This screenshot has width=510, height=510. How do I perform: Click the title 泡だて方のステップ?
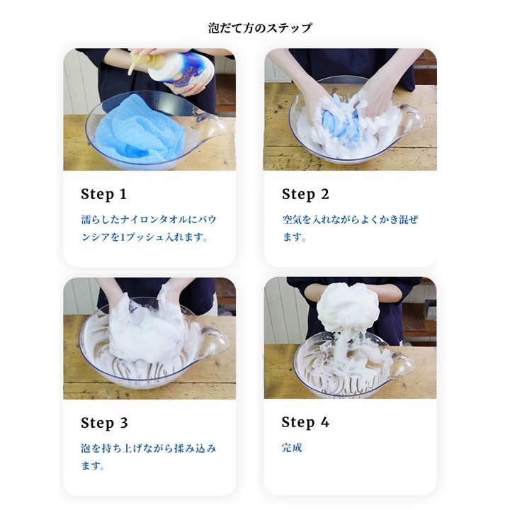point(259,28)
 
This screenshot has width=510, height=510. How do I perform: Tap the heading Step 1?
point(103,194)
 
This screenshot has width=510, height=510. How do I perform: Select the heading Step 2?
point(305,194)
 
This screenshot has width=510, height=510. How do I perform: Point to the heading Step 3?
point(104,423)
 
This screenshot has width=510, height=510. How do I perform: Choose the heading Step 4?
point(305,422)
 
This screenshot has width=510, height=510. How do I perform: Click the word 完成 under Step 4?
point(292,448)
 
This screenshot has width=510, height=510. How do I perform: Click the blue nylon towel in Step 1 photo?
point(140,128)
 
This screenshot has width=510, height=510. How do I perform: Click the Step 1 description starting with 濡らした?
point(149,228)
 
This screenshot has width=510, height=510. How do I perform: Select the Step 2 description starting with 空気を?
point(350,228)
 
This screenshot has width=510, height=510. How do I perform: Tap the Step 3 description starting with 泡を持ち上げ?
point(149,457)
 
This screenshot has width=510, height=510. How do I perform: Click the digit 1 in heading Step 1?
point(123,194)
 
